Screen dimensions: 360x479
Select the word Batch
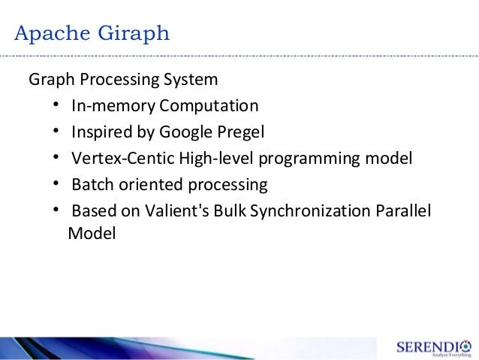tap(90, 185)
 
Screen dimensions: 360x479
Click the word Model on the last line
tap(92, 234)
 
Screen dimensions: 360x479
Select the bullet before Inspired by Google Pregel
tap(57, 132)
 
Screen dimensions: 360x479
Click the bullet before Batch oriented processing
tap(57, 185)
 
